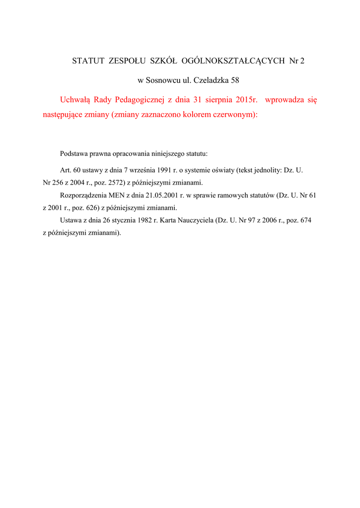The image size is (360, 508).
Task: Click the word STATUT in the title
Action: [88, 61]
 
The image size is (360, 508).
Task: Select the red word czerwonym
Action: [233, 115]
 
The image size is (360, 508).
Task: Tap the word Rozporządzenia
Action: [82, 195]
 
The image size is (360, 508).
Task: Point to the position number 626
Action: [89, 207]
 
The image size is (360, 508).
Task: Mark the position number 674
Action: [305, 220]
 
